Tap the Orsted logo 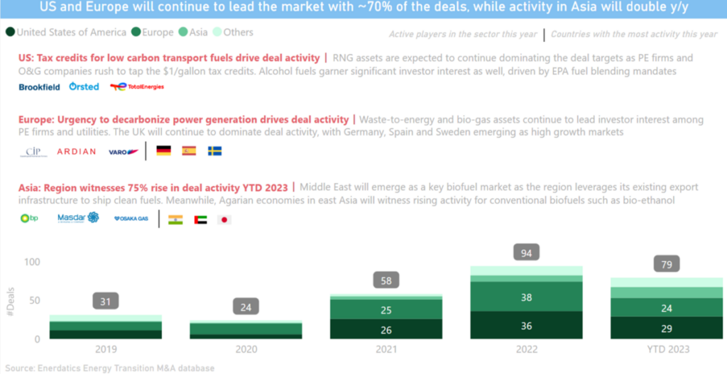pyautogui.click(x=84, y=87)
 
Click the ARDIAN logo pyautogui.click(x=76, y=151)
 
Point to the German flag pyautogui.click(x=164, y=150)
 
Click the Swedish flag pyautogui.click(x=214, y=150)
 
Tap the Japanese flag pyautogui.click(x=224, y=219)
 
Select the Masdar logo pyautogui.click(x=78, y=218)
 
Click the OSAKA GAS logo pyautogui.click(x=131, y=219)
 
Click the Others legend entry pyautogui.click(x=233, y=32)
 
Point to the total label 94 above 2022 pyautogui.click(x=526, y=253)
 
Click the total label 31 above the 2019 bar pyautogui.click(x=105, y=301)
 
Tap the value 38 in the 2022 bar pyautogui.click(x=526, y=298)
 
